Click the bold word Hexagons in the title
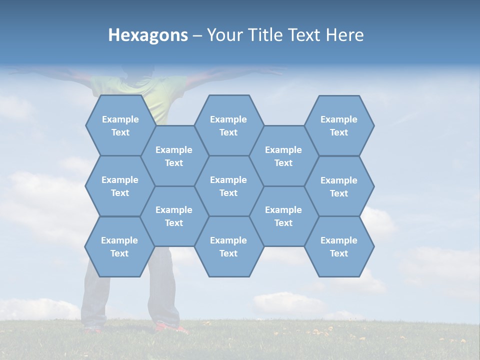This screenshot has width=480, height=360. pos(148,35)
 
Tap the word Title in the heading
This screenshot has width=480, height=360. pos(265,35)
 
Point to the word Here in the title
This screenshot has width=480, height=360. pos(345,35)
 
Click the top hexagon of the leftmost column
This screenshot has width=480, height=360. pos(120,125)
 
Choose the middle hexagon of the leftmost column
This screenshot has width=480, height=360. pos(120,186)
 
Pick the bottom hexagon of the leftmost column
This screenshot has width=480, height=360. pos(119,246)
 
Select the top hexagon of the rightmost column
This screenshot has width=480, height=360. pos(339,125)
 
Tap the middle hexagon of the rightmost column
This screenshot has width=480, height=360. pos(339,186)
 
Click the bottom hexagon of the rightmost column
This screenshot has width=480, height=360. pos(339,246)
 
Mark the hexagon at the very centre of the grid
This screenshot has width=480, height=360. pos(228,186)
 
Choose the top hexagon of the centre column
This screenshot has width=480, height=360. pos(228,125)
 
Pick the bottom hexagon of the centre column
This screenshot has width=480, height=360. pos(228,246)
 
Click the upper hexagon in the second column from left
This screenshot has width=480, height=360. pos(174,156)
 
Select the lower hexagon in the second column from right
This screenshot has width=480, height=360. pos(283,216)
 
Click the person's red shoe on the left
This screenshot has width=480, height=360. pos(92,329)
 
